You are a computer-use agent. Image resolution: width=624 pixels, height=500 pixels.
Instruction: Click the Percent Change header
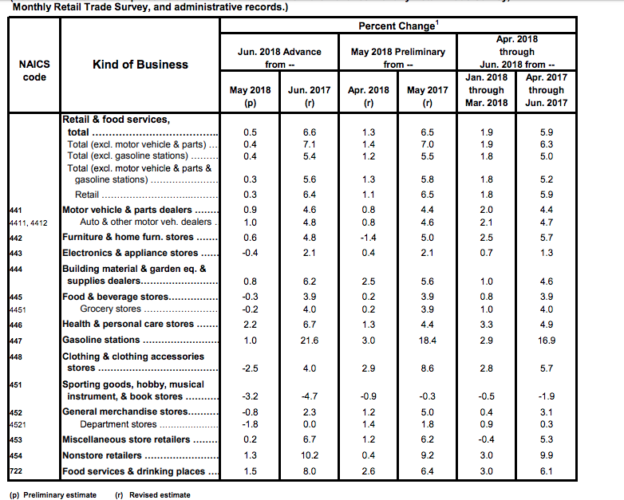point(397,26)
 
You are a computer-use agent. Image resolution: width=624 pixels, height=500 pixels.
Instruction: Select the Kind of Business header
point(140,65)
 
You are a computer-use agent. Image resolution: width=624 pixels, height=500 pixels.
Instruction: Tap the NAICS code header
point(34,71)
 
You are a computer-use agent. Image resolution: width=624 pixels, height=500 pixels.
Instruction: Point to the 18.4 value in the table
point(427,341)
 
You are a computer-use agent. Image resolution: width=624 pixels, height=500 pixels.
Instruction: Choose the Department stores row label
point(119,424)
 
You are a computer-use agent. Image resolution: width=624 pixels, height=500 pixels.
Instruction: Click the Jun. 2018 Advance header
point(279,57)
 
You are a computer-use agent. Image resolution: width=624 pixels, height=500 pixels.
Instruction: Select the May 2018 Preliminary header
point(397,57)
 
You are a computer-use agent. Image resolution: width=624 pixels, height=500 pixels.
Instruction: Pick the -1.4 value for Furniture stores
point(368,237)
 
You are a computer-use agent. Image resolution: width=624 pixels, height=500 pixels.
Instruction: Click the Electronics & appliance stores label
point(130,254)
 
